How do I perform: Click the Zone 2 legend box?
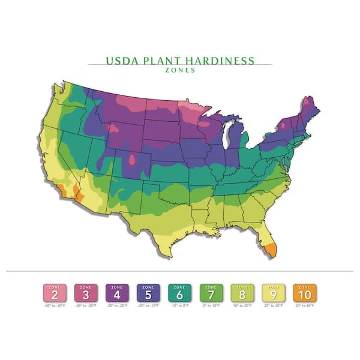[x=54, y=293]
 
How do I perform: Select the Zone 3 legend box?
[x=85, y=293]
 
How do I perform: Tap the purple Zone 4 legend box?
[x=116, y=293]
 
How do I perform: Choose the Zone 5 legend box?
[x=148, y=293]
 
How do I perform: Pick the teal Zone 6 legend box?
[x=179, y=293]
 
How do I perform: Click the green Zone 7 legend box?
[x=211, y=293]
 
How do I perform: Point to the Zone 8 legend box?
[x=242, y=293]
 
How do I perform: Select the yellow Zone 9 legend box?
[x=274, y=293]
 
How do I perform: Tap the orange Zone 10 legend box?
[x=305, y=293]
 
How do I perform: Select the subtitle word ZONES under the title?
[x=180, y=70]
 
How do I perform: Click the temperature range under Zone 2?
[x=54, y=307]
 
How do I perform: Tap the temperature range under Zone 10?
[x=305, y=307]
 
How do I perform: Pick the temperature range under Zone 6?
[x=179, y=307]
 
